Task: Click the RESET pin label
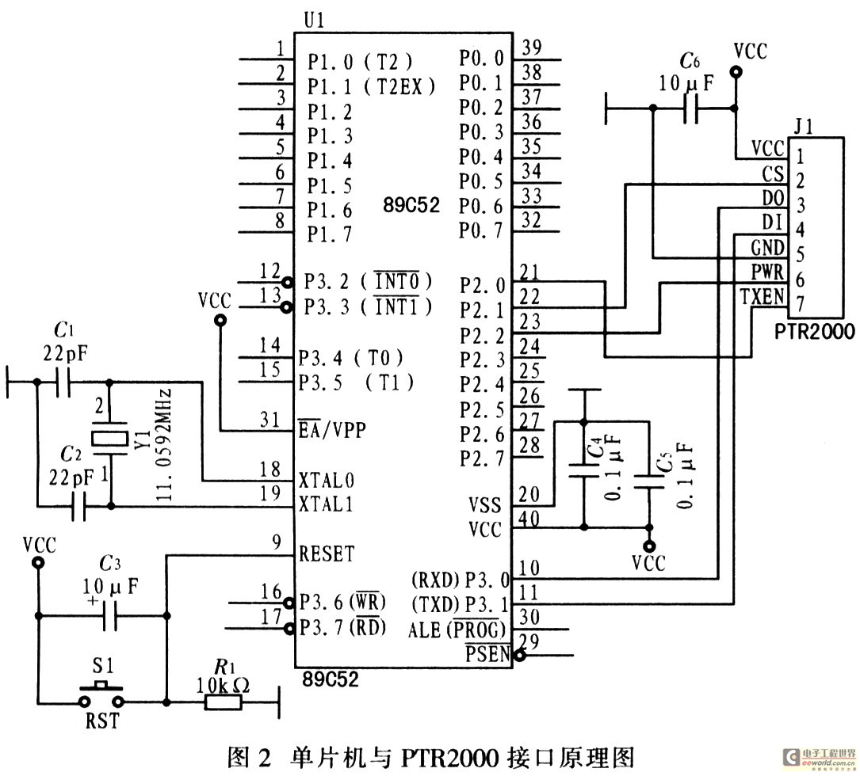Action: pos(327,554)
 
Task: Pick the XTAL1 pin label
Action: pos(327,504)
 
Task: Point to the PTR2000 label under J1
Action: pos(816,333)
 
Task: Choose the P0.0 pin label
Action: pos(481,59)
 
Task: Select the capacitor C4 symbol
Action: pos(584,468)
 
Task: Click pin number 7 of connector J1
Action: pos(801,303)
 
